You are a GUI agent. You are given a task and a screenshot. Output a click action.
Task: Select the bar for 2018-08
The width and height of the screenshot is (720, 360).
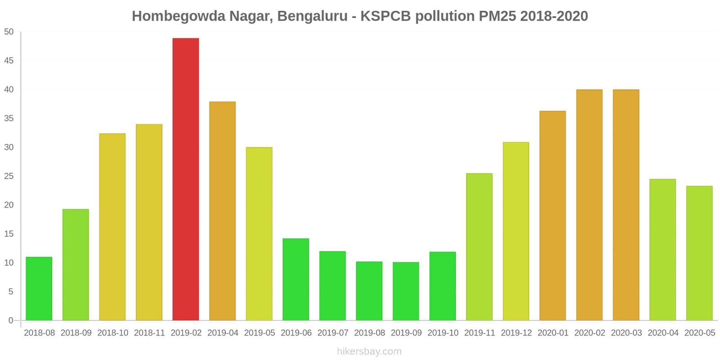coord(39,288)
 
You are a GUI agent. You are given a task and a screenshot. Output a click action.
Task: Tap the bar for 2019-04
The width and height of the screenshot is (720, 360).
coord(222,211)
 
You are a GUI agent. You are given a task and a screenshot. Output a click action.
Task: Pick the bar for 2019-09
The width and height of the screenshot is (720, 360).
coord(406,291)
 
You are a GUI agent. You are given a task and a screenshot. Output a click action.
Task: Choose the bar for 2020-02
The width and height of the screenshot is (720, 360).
coord(589,205)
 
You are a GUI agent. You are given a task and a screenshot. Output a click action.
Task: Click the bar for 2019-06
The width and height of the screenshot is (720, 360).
coord(296,279)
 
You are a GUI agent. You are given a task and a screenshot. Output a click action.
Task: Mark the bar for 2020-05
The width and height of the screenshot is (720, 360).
coord(699,253)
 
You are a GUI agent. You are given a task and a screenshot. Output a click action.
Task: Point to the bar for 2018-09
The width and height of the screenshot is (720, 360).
coord(76,265)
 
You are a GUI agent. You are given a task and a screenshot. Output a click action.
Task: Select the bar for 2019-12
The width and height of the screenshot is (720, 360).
coord(516,231)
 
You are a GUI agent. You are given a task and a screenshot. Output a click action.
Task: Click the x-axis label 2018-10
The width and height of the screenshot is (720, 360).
coord(112,333)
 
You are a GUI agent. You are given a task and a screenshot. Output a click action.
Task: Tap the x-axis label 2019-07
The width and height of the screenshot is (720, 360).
coord(333,333)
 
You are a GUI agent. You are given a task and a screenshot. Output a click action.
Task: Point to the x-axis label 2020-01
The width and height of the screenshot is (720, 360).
coord(553,333)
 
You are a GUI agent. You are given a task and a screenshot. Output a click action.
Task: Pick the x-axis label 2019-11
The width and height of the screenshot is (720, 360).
coord(479,333)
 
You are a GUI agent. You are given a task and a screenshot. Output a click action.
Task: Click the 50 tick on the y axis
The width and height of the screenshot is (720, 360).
coord(9,32)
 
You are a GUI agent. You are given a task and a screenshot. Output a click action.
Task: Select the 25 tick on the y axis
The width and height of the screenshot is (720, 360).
coord(9,176)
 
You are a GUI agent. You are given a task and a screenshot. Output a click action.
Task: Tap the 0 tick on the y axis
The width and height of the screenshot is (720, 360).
coord(11,320)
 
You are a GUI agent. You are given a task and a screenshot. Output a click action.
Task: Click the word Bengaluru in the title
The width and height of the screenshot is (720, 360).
coord(312,16)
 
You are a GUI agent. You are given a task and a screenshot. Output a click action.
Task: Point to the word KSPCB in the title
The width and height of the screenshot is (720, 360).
coord(386,16)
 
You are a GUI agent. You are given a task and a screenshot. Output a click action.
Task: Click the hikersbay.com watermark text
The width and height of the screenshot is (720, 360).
coord(369,351)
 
